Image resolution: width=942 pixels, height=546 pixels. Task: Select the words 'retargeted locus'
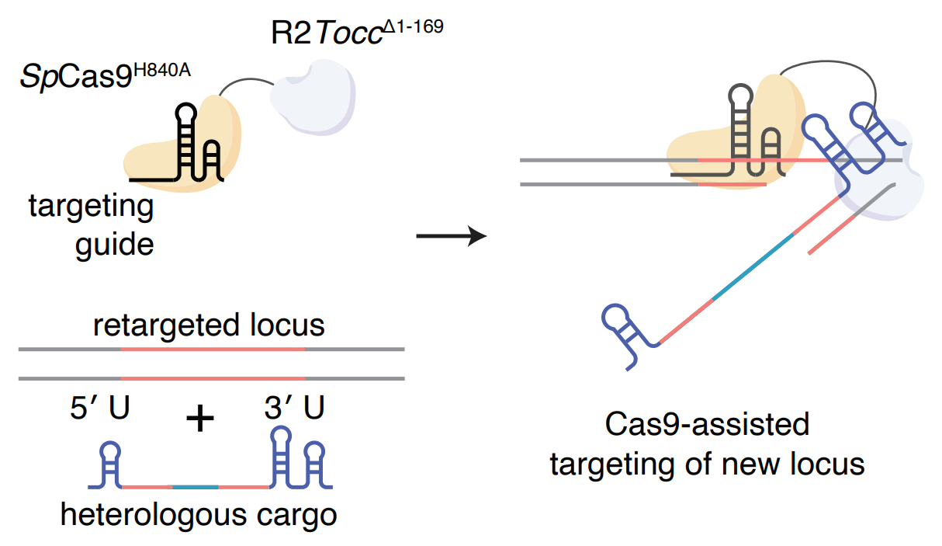(209, 325)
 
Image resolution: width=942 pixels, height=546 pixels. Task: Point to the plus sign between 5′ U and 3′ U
(200, 419)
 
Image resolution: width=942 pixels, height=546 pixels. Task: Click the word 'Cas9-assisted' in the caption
(706, 425)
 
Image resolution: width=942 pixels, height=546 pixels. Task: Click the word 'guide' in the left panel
(114, 245)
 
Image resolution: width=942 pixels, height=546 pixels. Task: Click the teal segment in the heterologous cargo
(195, 487)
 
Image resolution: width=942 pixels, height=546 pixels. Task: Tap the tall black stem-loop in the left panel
(186, 140)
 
